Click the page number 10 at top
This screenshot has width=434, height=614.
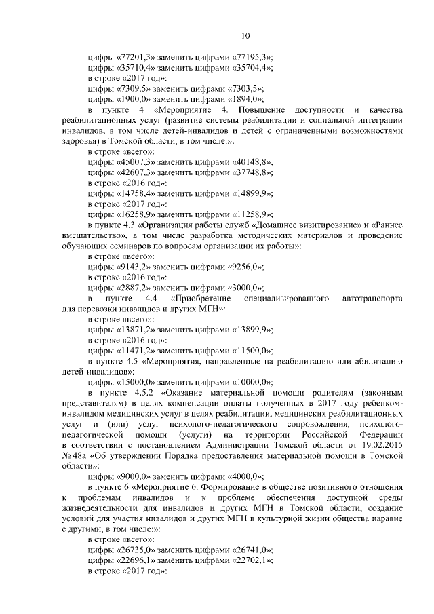[245, 36]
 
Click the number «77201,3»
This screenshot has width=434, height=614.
[134, 57]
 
